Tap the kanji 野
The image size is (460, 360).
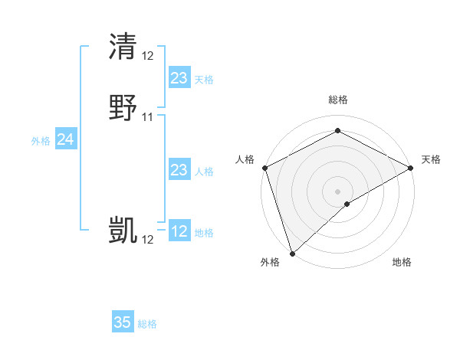coord(123,107)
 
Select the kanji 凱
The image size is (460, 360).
coord(123,230)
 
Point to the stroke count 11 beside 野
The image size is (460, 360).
coord(148,117)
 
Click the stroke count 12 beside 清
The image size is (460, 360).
coord(148,56)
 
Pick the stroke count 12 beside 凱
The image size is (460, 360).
coord(148,240)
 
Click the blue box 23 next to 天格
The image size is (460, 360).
coord(179,77)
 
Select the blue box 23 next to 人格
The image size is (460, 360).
coord(179,170)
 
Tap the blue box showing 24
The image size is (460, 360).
coord(66,139)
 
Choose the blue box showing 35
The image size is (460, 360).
coord(123,322)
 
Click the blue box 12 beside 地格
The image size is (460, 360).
coord(179,231)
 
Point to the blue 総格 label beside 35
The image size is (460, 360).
coord(147,324)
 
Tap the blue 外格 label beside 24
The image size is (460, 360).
coord(41,141)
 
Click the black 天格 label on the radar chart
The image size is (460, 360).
coord(431,159)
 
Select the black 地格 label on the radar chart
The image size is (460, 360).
coord(402,262)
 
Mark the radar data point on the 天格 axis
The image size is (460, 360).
coord(411,168)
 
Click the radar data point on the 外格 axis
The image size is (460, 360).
coord(292,253)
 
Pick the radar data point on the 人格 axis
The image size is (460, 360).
coord(264,168)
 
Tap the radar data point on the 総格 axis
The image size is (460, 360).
coord(337,131)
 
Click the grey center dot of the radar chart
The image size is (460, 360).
coord(337,191)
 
